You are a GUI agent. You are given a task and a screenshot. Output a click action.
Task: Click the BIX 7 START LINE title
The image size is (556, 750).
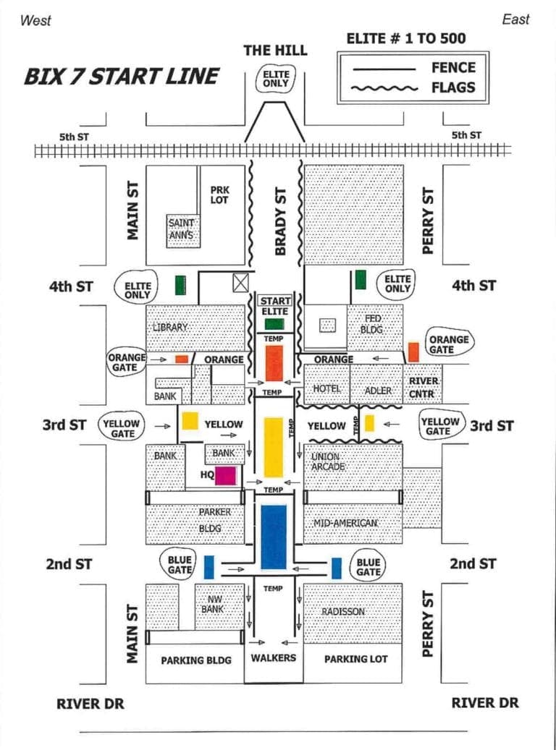pyautogui.click(x=121, y=76)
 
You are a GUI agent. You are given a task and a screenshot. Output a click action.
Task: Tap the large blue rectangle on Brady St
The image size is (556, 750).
pyautogui.click(x=274, y=536)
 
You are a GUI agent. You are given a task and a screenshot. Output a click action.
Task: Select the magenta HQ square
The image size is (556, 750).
pyautogui.click(x=225, y=475)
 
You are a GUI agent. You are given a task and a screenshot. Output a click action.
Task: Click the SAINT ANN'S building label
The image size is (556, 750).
pyautogui.click(x=181, y=229)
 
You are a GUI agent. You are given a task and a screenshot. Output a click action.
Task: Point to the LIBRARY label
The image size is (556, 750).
pyautogui.click(x=170, y=327)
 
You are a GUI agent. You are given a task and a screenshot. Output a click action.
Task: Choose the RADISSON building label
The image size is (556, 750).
pyautogui.click(x=343, y=612)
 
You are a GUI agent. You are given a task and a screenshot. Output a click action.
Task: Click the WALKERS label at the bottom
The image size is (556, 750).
pyautogui.click(x=273, y=657)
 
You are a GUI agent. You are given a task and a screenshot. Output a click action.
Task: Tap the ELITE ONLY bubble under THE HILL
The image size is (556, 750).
pyautogui.click(x=276, y=79)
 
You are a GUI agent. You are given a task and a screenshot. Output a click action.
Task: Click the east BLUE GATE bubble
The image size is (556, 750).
pyautogui.click(x=368, y=567)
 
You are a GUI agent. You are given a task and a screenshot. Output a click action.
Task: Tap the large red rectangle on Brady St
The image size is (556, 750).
pyautogui.click(x=274, y=362)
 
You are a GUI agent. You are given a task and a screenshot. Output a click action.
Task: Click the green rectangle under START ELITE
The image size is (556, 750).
pyautogui.click(x=274, y=324)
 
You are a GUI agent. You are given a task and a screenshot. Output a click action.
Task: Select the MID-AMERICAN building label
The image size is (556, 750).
pyautogui.click(x=345, y=523)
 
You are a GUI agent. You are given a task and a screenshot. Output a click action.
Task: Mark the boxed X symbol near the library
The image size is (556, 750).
pyautogui.click(x=240, y=283)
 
